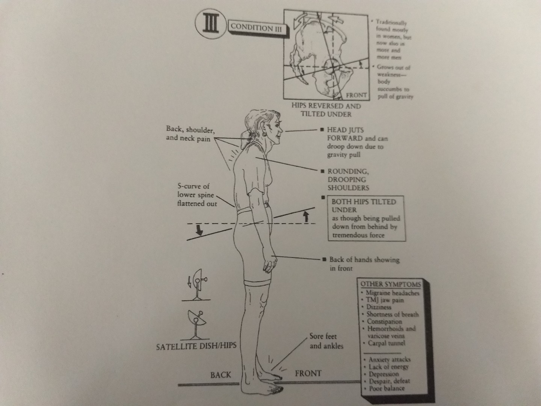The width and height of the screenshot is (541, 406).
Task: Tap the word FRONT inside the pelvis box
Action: click(355, 95)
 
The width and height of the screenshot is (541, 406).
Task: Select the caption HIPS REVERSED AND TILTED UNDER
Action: click(326, 110)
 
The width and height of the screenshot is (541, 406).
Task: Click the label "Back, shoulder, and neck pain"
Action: click(190, 133)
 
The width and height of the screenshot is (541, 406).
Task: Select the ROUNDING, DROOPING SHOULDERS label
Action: click(348, 179)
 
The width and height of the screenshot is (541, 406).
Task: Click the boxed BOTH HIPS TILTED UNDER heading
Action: click(363, 206)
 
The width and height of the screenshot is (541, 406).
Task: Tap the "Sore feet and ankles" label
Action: click(326, 341)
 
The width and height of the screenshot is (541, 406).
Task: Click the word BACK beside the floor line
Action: click(221, 374)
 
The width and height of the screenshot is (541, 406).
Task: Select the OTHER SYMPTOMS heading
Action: click(390, 284)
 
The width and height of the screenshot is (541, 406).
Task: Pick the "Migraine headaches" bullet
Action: click(392, 293)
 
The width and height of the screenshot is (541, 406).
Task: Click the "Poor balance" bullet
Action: click(386, 388)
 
